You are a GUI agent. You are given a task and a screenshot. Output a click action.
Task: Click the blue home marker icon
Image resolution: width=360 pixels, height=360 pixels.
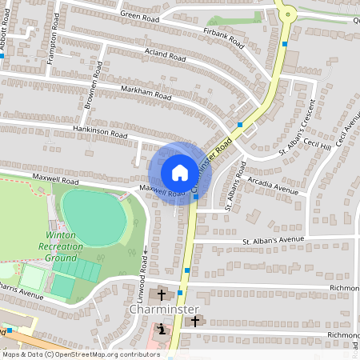tap(180, 173)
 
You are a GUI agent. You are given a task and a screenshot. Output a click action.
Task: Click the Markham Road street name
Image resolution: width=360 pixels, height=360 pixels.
tap(146, 93)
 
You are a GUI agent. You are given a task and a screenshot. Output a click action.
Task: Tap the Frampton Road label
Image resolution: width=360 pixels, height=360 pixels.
tap(54, 43)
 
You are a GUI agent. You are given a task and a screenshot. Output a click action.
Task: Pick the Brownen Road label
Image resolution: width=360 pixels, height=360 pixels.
tap(94, 93)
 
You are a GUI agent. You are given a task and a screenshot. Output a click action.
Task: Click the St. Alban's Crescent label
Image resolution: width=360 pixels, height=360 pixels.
tap(298, 127)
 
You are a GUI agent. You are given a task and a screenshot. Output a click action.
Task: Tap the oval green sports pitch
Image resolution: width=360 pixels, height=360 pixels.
tap(95, 218)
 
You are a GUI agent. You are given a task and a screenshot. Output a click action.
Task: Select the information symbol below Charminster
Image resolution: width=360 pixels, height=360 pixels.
tap(162, 329)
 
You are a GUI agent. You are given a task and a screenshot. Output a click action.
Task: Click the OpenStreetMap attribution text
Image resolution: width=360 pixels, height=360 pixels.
tap(82, 354)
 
